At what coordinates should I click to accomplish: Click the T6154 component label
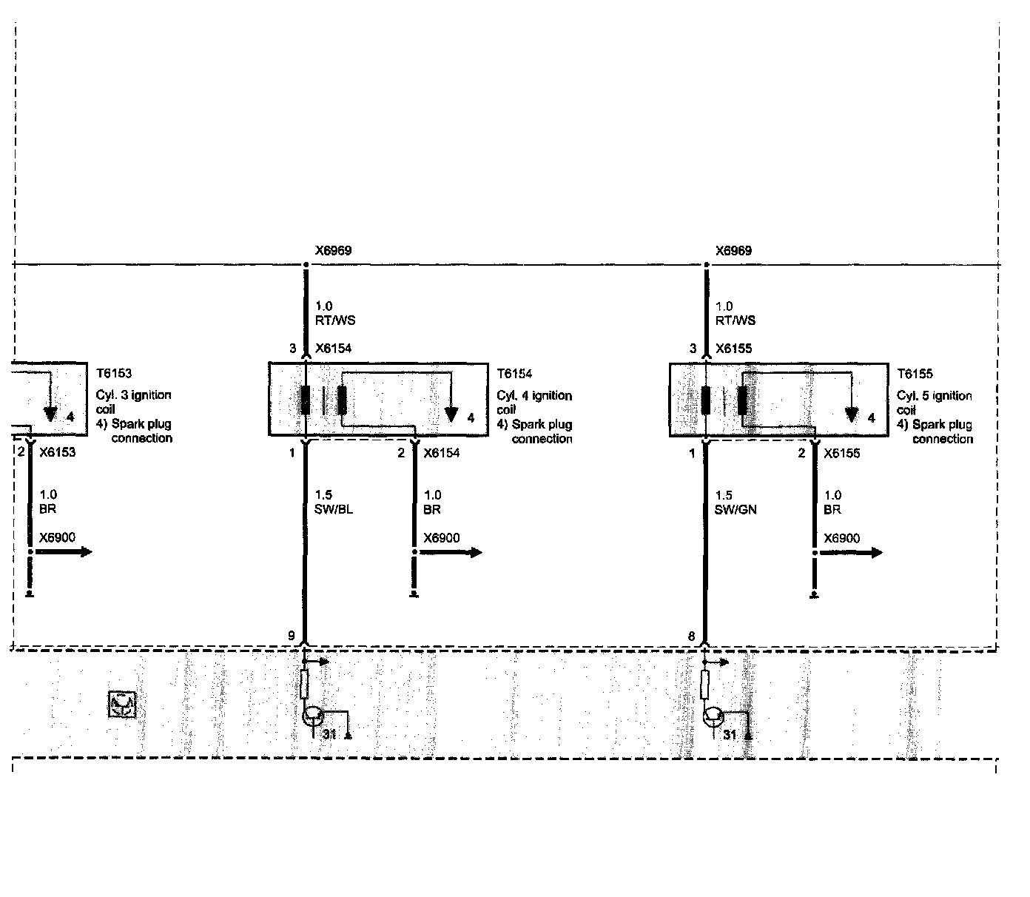pos(514,374)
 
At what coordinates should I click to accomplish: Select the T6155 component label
pos(915,374)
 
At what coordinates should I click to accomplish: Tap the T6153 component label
pos(113,374)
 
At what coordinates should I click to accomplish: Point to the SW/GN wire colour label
pos(736,509)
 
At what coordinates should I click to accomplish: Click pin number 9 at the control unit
pos(292,636)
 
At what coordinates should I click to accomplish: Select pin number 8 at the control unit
pos(692,636)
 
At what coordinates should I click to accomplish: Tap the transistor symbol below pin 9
pos(313,716)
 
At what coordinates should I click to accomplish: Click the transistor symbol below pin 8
pos(713,716)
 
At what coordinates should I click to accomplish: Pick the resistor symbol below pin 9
pos(304,684)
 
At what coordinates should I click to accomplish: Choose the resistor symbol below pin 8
pos(705,684)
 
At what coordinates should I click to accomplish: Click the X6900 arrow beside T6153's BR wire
pos(75,551)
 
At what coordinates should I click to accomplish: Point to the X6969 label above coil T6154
pos(333,250)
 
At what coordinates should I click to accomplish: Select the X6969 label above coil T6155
pos(733,250)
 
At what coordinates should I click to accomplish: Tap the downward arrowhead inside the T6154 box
pos(451,414)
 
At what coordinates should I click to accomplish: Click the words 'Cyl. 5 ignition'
pos(935,396)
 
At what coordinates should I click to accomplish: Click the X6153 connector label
pos(57,452)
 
